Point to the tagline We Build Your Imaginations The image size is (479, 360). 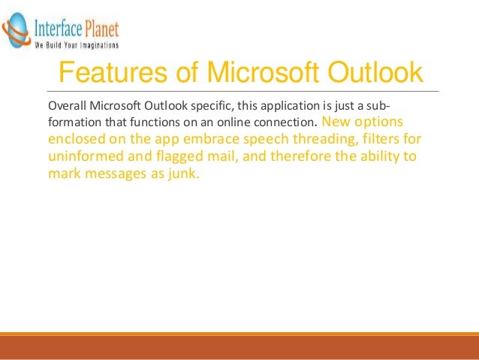tap(77, 45)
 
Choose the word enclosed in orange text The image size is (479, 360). tap(76, 139)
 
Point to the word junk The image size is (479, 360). tap(183, 174)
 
